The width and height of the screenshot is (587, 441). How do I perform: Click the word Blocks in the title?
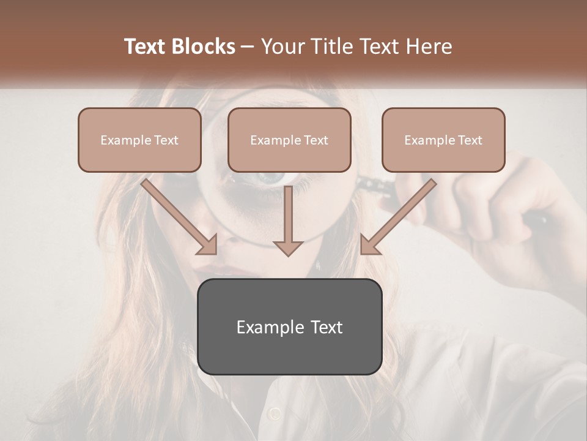[203, 47]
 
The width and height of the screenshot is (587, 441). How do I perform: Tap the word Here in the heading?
[429, 47]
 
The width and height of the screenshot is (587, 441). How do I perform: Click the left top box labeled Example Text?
[139, 140]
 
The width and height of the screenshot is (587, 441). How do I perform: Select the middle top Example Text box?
[289, 140]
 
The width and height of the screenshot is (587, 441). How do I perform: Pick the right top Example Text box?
[443, 140]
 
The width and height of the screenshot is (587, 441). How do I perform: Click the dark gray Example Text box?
[289, 326]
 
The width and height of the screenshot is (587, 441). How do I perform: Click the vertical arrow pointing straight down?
[287, 221]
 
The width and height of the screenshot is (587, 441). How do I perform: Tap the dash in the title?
[248, 47]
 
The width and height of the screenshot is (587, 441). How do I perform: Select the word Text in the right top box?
[470, 140]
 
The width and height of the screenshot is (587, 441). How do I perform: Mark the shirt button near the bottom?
[274, 414]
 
